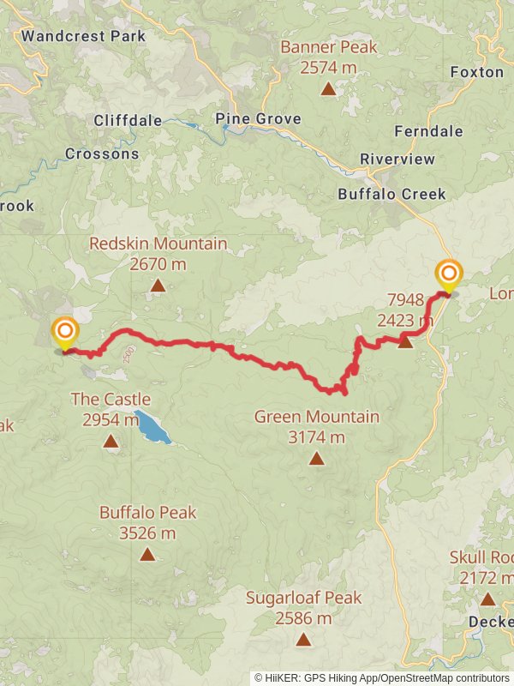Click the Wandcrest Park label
tap(83, 36)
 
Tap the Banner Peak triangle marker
tap(328, 88)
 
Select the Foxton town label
tap(477, 72)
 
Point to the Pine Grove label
tap(258, 118)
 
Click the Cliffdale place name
tap(128, 121)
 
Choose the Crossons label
tap(102, 154)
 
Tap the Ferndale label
tap(428, 131)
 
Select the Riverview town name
tap(397, 159)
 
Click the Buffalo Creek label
tap(391, 194)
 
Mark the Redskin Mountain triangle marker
tap(158, 286)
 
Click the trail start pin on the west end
tap(65, 334)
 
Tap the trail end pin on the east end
tap(448, 276)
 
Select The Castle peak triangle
tap(111, 442)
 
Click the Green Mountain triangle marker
tap(317, 459)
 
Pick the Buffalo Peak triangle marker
tap(147, 554)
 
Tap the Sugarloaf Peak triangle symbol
tap(303, 639)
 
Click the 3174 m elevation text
tap(316, 437)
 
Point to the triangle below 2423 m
tap(405, 342)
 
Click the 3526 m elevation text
tap(147, 533)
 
